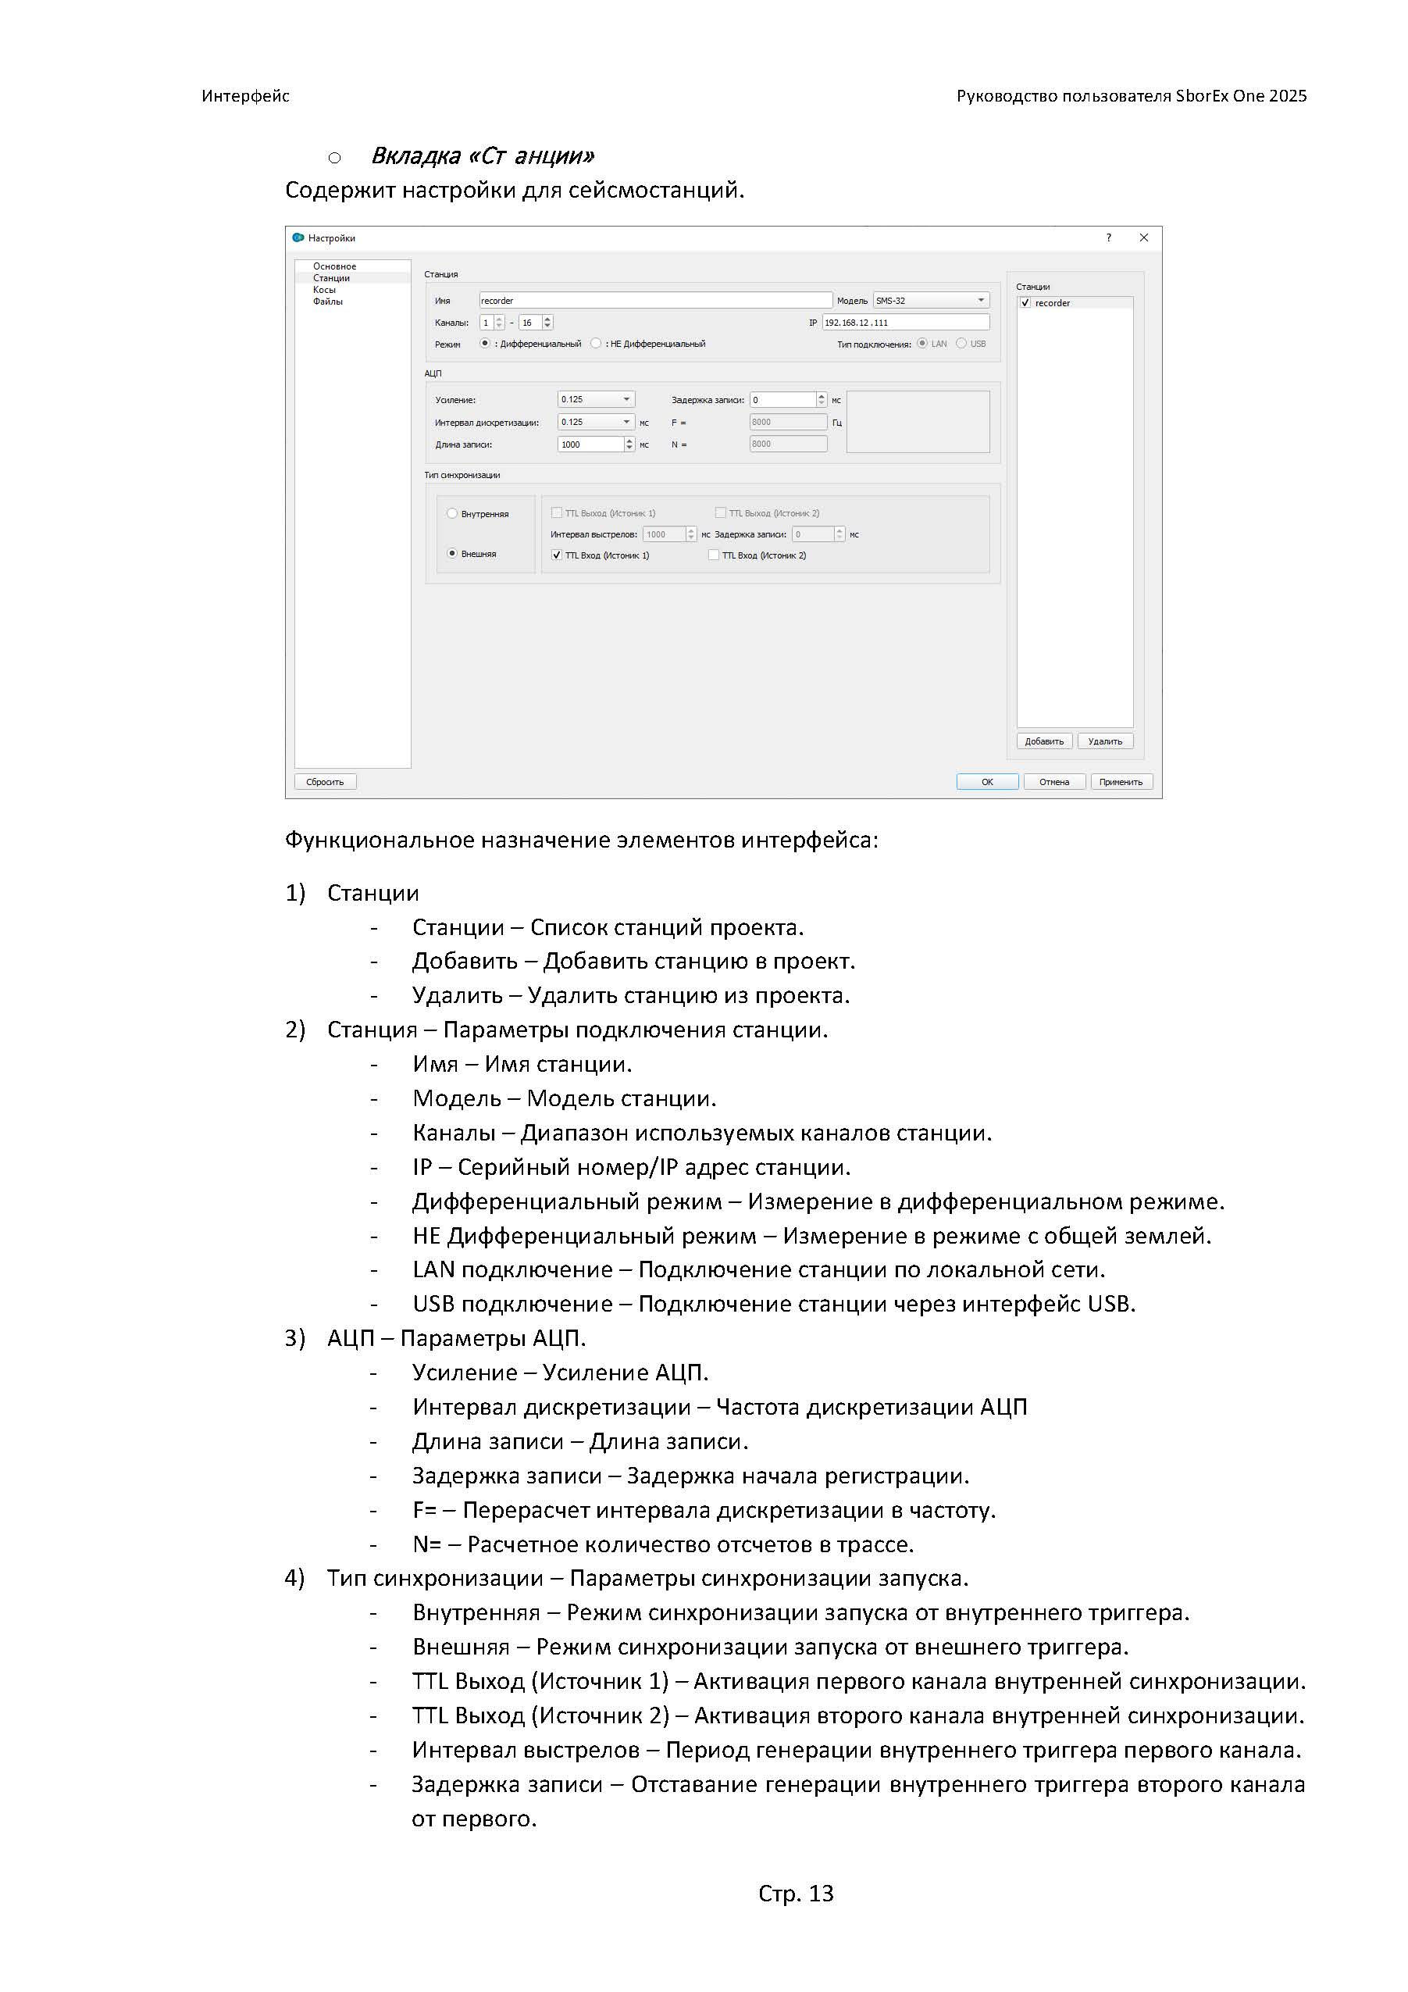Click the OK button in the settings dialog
[986, 782]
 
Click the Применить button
[1121, 782]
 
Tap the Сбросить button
[326, 782]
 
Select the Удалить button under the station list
[1104, 741]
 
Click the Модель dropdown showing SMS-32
[930, 300]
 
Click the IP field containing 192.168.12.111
[905, 322]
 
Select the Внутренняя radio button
[452, 513]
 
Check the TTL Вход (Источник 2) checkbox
[714, 555]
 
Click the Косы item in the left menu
[324, 290]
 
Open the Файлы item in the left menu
[328, 301]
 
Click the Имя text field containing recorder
[655, 300]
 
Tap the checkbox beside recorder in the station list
[1025, 303]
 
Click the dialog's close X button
[1143, 237]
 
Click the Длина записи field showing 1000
[590, 444]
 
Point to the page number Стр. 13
[796, 1893]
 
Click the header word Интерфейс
[245, 96]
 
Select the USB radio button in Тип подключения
[961, 344]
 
